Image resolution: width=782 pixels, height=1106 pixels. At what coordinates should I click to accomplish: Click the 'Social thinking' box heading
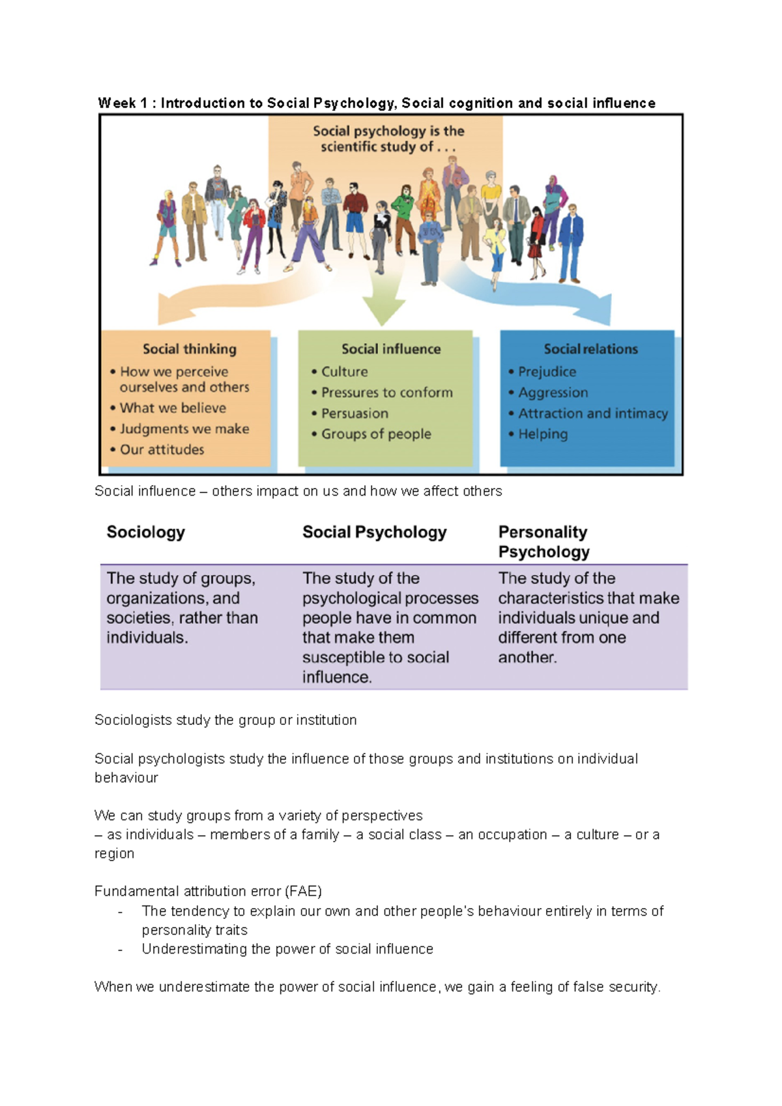(x=190, y=349)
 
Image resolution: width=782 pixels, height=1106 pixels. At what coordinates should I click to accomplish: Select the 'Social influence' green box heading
(x=391, y=349)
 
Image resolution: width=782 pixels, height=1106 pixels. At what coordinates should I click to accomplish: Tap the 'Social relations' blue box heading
(x=591, y=349)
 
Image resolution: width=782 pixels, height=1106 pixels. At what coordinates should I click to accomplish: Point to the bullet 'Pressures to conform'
(x=386, y=393)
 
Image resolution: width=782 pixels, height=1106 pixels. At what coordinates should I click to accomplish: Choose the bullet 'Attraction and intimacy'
(x=593, y=414)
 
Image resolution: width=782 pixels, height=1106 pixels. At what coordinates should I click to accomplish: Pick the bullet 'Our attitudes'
(x=162, y=450)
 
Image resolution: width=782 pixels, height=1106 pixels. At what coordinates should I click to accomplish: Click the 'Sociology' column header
(x=146, y=532)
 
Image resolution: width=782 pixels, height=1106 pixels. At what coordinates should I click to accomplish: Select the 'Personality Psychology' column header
(x=543, y=542)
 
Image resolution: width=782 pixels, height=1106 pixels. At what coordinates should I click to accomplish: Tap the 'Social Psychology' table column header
(x=375, y=532)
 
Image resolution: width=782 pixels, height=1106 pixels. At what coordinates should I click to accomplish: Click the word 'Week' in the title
(x=117, y=103)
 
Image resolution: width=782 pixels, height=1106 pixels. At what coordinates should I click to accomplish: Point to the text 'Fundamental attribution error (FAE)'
(x=208, y=891)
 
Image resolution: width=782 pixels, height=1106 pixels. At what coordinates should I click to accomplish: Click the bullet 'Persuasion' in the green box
(x=355, y=414)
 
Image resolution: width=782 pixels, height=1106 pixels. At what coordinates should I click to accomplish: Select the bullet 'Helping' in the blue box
(x=543, y=434)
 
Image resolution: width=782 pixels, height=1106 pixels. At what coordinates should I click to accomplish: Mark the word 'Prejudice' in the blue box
(x=547, y=372)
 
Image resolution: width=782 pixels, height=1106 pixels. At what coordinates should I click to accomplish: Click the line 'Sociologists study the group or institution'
(x=225, y=720)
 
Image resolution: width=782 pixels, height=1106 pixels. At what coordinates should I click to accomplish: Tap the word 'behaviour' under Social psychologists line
(x=126, y=778)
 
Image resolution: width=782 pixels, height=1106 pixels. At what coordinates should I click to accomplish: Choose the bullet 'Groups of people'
(x=376, y=434)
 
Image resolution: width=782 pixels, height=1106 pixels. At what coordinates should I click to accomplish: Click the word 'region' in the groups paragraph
(x=114, y=853)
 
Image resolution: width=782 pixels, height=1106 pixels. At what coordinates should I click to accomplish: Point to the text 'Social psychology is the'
(x=388, y=131)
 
